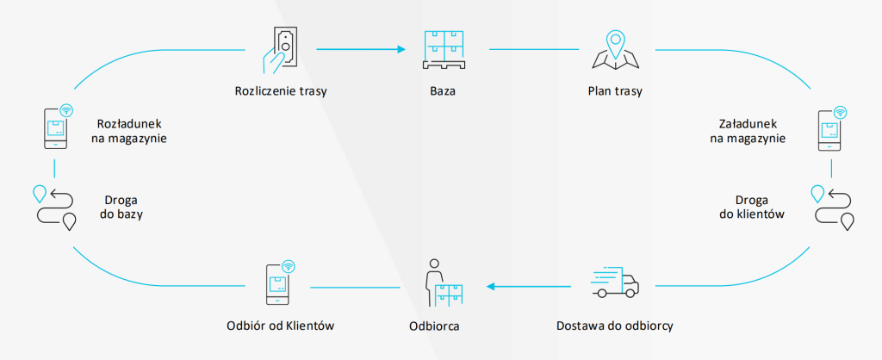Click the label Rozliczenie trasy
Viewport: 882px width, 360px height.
280,90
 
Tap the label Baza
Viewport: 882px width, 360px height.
444,90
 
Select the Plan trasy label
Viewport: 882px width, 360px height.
615,90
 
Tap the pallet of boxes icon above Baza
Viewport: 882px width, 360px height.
444,51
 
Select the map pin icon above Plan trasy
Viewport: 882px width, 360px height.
615,49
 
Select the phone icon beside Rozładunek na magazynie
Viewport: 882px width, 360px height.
56,128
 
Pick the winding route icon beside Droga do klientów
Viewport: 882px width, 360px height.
831,206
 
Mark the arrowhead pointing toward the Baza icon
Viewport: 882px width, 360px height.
401,49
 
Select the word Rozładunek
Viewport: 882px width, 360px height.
128,123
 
